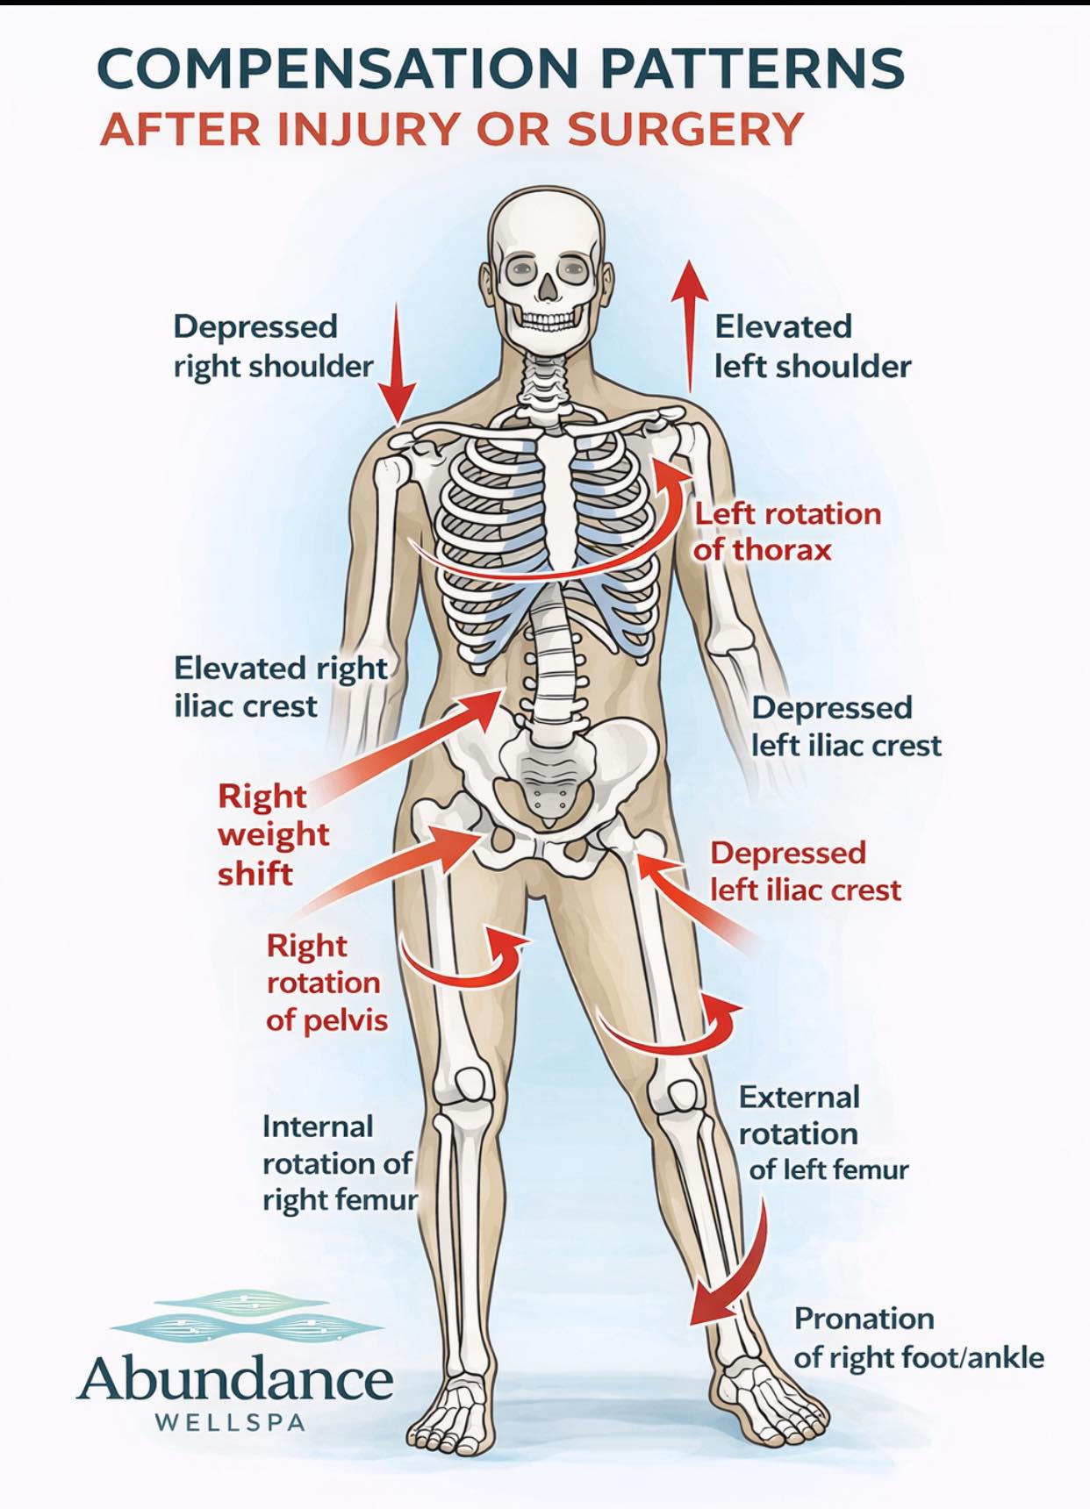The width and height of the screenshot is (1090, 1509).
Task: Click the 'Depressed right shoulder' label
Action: pyautogui.click(x=273, y=347)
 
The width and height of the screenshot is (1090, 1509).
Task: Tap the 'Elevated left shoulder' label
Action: pyautogui.click(x=813, y=347)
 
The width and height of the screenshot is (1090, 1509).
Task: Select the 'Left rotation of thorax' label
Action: pyautogui.click(x=787, y=532)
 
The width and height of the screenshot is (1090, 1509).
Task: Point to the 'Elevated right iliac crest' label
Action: pyautogui.click(x=281, y=687)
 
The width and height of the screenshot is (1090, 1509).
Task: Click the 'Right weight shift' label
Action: pyautogui.click(x=273, y=834)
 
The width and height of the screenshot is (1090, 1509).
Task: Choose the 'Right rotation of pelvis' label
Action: pyautogui.click(x=326, y=983)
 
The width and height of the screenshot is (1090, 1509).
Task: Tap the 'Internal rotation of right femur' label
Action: pyautogui.click(x=340, y=1163)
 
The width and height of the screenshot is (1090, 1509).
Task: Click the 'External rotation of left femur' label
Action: pyautogui.click(x=822, y=1133)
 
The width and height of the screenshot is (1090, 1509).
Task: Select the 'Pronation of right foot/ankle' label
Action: pyautogui.click(x=919, y=1338)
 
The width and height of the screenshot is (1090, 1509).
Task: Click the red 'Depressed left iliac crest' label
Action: pyautogui.click(x=805, y=871)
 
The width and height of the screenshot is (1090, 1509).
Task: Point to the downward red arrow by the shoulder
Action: pyautogui.click(x=398, y=363)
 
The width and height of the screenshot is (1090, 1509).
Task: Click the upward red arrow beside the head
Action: pyautogui.click(x=690, y=326)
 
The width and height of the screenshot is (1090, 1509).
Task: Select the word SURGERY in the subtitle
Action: pyautogui.click(x=685, y=129)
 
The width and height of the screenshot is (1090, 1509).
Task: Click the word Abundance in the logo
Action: pyautogui.click(x=234, y=1378)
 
